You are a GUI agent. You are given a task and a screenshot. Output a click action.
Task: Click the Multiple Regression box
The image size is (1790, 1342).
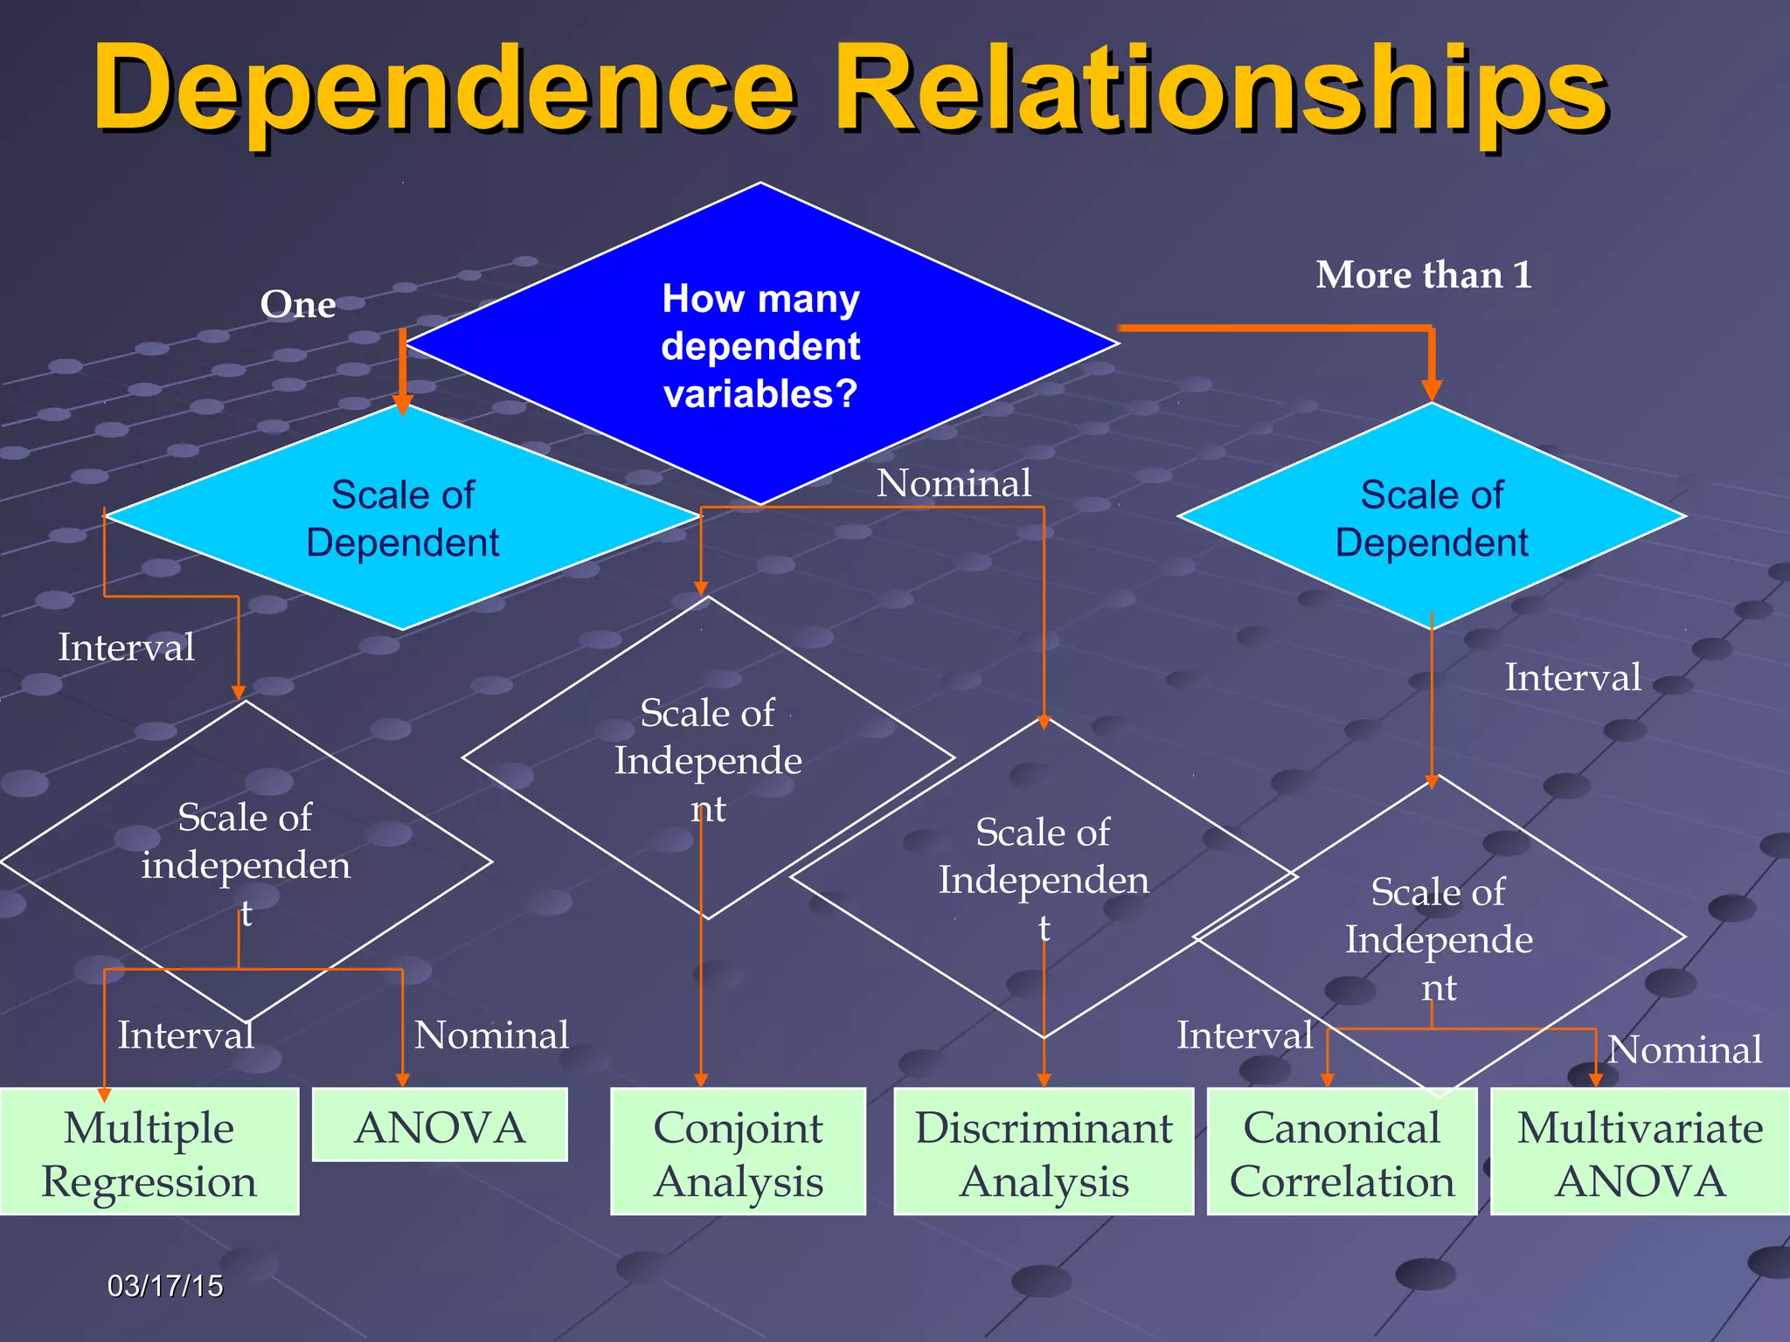(x=149, y=1152)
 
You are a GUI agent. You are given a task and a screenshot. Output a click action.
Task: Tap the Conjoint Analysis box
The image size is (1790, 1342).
(x=738, y=1152)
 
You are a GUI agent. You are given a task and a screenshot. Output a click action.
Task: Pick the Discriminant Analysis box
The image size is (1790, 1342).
(x=1044, y=1152)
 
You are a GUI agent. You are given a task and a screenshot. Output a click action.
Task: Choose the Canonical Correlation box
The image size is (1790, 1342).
(x=1342, y=1152)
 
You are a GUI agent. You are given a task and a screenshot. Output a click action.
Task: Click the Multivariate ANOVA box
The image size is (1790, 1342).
(x=1640, y=1152)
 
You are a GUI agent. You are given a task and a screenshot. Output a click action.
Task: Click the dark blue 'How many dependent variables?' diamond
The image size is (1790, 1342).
(x=760, y=345)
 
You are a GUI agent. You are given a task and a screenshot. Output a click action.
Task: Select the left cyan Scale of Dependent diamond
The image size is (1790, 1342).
(x=402, y=518)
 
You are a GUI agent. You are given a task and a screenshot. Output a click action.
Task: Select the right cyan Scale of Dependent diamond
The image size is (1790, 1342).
(x=1432, y=518)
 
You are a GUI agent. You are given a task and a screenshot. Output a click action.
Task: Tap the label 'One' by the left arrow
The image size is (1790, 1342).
(x=297, y=304)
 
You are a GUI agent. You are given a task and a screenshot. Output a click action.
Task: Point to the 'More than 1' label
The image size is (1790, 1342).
(x=1424, y=274)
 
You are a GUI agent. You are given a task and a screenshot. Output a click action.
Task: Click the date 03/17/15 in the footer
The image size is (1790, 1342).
(x=165, y=1286)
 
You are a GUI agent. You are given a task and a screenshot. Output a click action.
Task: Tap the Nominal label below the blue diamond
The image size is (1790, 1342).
(x=954, y=483)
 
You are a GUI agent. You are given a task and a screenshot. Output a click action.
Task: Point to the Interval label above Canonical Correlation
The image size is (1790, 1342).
(x=1245, y=1035)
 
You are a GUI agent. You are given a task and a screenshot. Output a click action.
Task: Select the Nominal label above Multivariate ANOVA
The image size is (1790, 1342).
(x=1684, y=1049)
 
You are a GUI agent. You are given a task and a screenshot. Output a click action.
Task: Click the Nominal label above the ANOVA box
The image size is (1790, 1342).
(x=491, y=1035)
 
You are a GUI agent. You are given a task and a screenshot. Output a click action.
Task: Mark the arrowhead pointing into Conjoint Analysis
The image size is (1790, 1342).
(x=701, y=1080)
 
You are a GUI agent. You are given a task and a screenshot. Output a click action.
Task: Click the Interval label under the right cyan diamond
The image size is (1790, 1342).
(x=1572, y=677)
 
